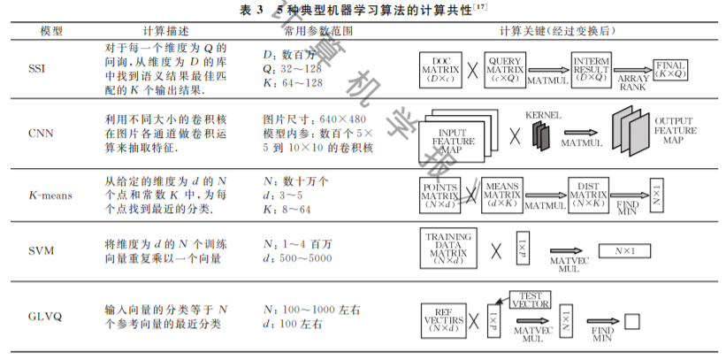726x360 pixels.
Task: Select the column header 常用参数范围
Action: click(x=306, y=30)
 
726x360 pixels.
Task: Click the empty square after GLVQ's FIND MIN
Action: click(x=631, y=321)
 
